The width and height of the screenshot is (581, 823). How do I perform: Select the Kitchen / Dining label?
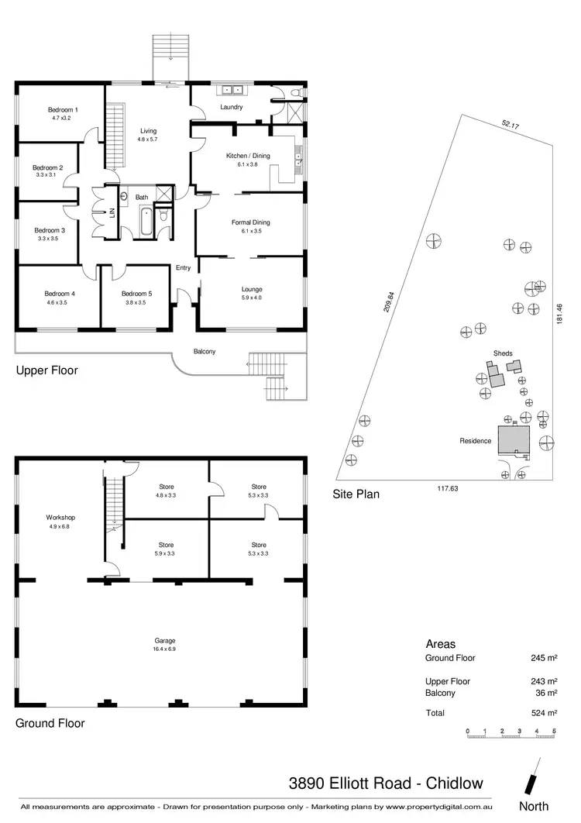[248, 156]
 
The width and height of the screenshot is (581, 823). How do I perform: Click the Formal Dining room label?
[250, 222]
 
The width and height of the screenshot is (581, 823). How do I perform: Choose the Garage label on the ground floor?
[164, 641]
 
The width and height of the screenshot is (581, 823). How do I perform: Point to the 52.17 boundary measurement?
[510, 123]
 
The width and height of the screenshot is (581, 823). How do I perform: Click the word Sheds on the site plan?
[503, 353]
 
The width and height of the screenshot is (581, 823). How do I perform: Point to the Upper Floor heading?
[47, 370]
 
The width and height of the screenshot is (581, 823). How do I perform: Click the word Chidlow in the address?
[458, 782]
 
